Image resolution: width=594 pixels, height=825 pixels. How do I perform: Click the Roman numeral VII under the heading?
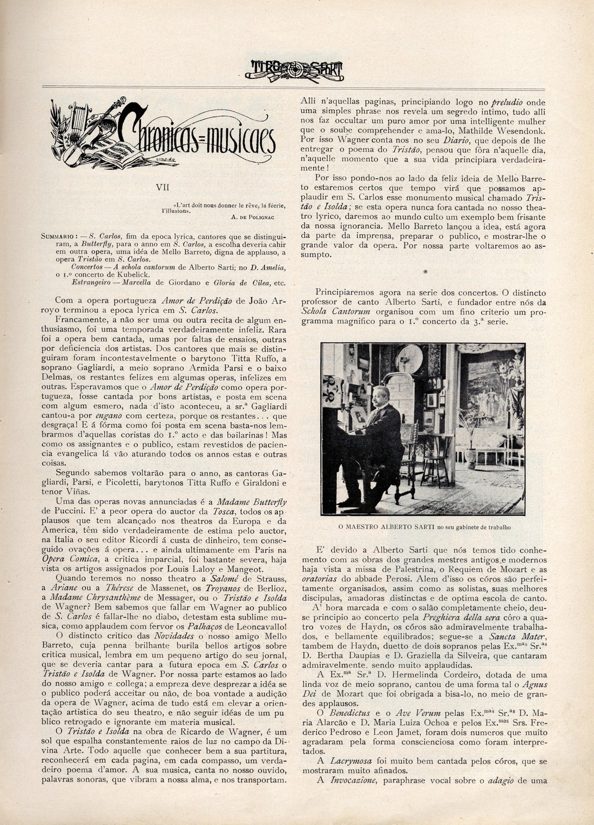pyautogui.click(x=162, y=187)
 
